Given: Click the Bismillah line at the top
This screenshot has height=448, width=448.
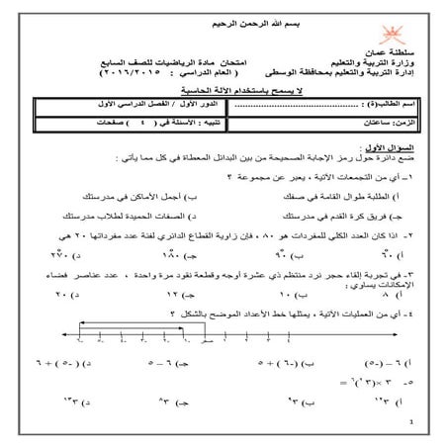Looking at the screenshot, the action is pos(224,21).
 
